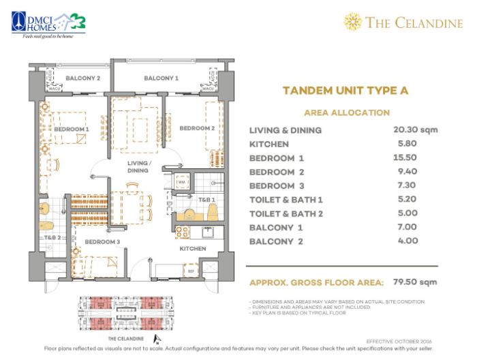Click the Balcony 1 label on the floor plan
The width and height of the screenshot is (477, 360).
tap(161, 78)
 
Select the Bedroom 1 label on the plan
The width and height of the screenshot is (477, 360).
tap(72, 129)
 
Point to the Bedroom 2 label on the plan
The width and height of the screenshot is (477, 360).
tap(197, 128)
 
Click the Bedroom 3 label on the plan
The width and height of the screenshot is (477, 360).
tap(102, 241)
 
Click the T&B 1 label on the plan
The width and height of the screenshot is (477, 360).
tap(206, 200)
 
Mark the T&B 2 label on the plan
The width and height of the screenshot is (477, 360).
tap(52, 237)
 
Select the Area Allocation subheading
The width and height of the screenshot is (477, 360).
tap(346, 112)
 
